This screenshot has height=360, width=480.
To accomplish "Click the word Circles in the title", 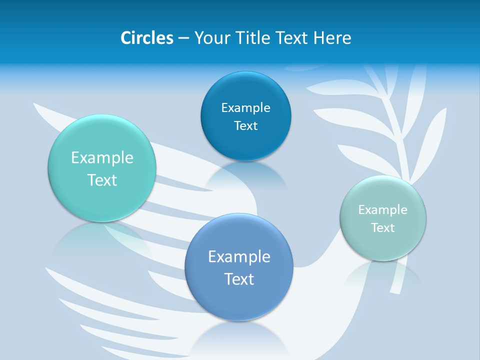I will [147, 38].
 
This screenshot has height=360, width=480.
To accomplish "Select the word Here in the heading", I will [332, 38].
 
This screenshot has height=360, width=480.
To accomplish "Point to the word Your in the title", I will [211, 38].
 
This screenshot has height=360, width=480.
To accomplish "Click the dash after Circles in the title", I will [183, 38].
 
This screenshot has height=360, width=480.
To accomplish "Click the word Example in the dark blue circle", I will [245, 107].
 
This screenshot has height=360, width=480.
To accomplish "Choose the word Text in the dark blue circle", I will [245, 125].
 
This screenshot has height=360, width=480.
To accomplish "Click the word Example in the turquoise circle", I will [102, 158].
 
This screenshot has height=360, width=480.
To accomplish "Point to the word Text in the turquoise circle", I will [102, 180].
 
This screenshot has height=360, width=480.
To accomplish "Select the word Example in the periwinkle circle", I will [239, 257].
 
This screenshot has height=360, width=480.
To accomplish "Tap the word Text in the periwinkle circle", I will [239, 279].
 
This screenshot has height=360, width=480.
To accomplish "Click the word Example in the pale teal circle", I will [383, 210].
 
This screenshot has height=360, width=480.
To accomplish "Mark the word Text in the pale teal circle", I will [383, 228].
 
